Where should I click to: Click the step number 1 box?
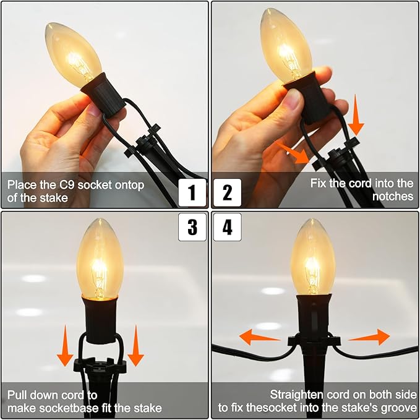(192, 192)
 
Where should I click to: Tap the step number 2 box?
(228, 192)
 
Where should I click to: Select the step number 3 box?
(192, 227)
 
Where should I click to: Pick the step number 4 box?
(228, 227)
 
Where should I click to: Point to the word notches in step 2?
(393, 196)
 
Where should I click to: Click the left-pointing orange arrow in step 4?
(259, 337)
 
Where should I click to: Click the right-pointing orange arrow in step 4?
(369, 337)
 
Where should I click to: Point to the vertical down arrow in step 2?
(356, 114)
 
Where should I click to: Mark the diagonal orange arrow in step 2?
(293, 152)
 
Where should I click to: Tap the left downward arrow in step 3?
(65, 346)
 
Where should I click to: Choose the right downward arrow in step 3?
(136, 346)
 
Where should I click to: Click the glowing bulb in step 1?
(73, 54)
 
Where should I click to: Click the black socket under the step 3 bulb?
(100, 319)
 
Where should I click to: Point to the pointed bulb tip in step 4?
(312, 220)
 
